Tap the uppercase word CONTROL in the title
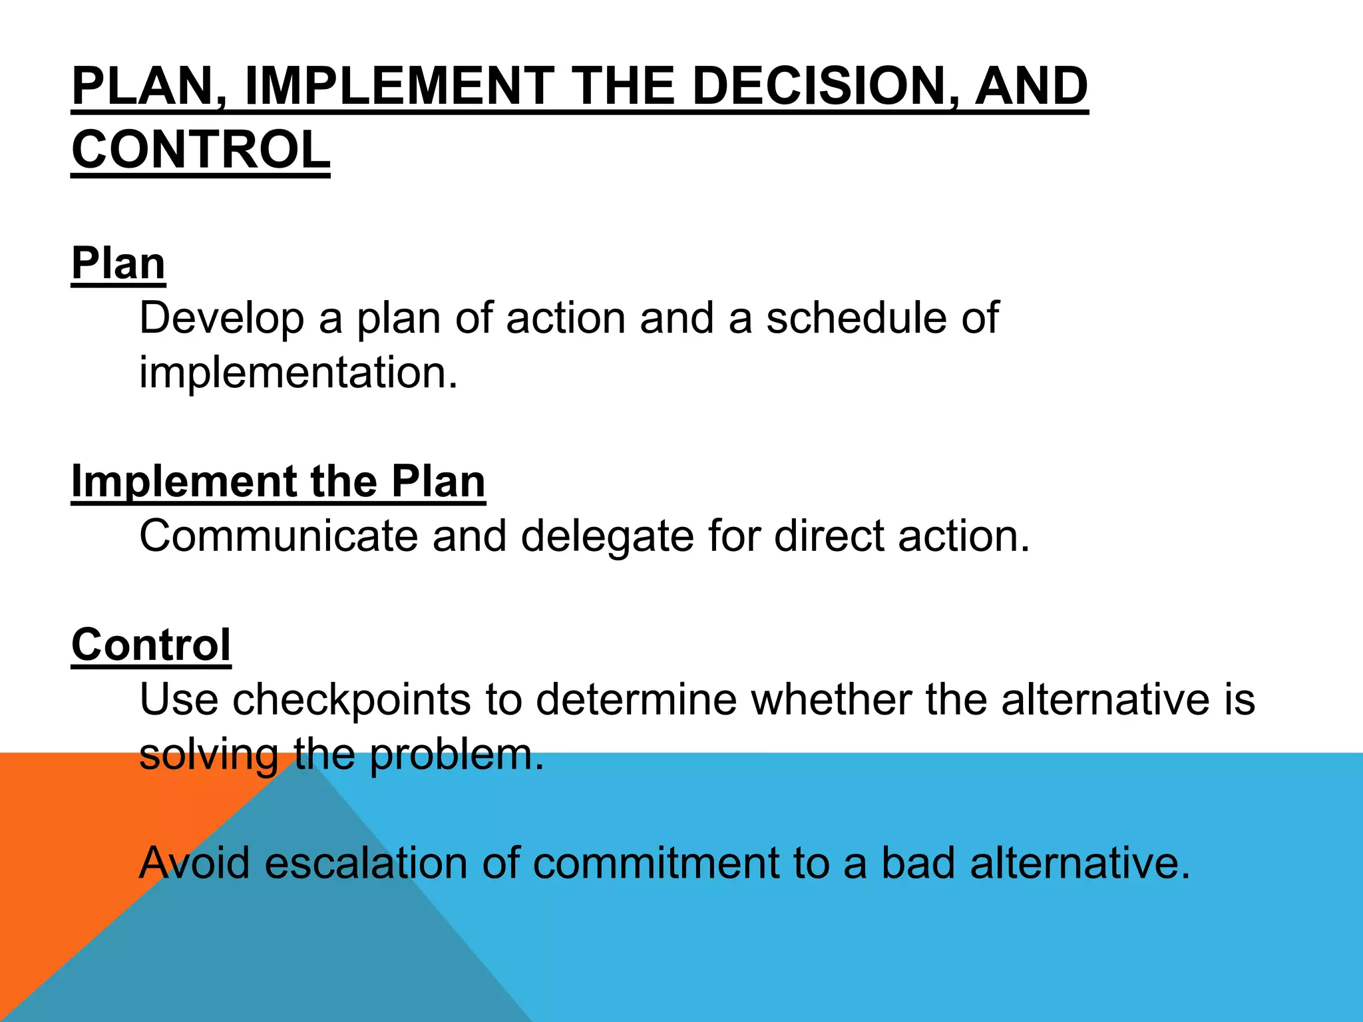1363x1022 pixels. tap(200, 150)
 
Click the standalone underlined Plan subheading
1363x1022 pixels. tap(118, 263)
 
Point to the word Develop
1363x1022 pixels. tap(222, 318)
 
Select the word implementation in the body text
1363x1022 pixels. tap(298, 373)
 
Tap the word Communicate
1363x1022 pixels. tap(279, 536)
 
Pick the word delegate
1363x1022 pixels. tap(607, 536)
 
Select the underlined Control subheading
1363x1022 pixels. tap(151, 645)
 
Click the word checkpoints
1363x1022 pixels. tap(351, 700)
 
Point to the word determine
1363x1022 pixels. tap(636, 700)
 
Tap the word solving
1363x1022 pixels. tap(208, 755)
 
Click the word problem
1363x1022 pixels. tap(456, 755)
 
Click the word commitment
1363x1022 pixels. tap(656, 863)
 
